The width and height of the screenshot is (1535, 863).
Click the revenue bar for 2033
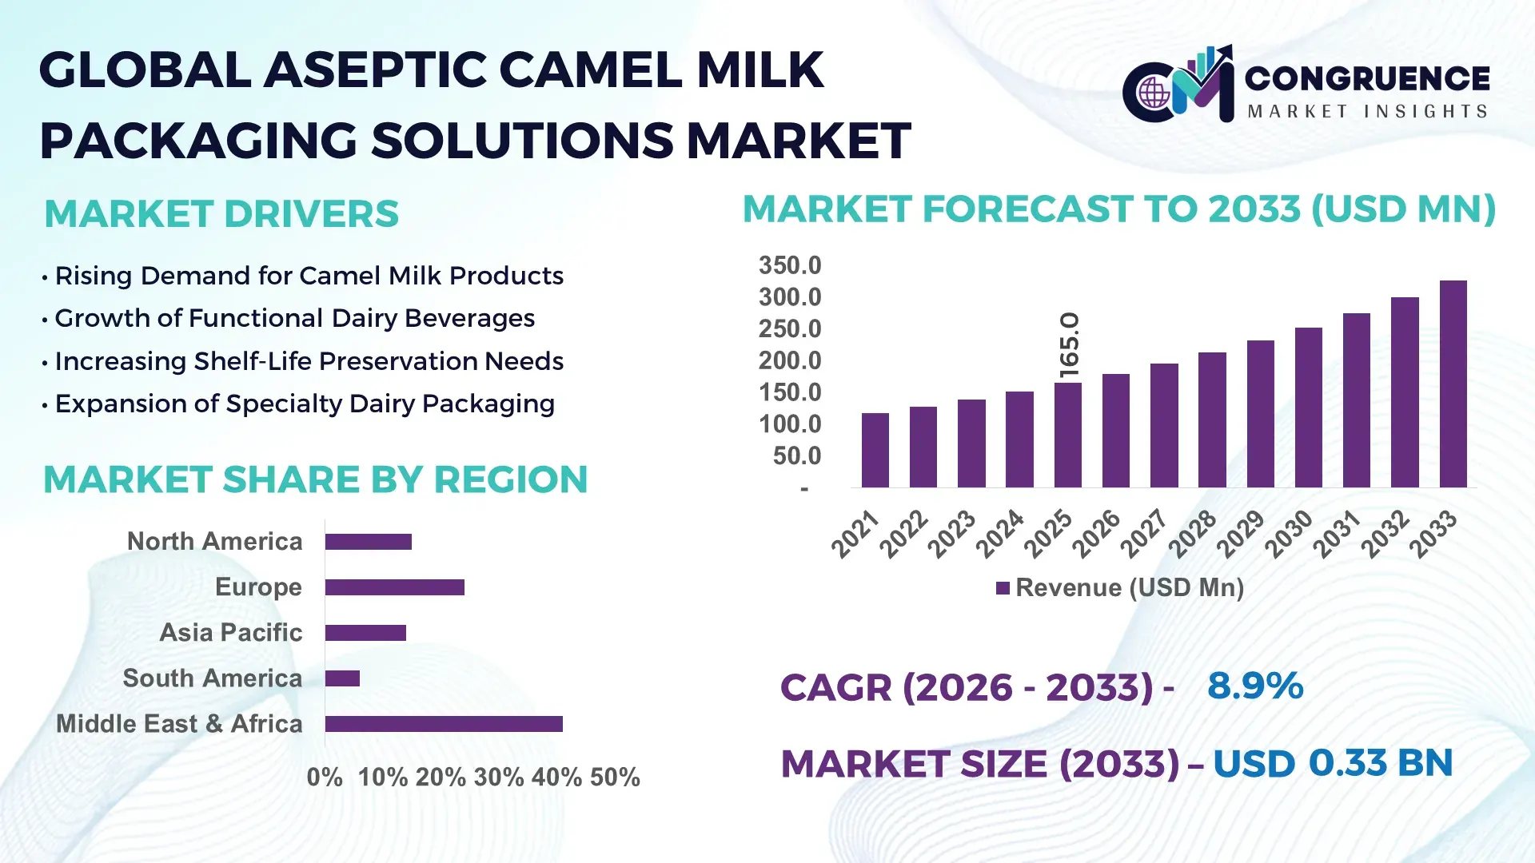[x=1453, y=384]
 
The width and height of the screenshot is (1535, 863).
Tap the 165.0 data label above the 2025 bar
[x=1070, y=344]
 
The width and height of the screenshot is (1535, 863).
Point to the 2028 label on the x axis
[x=1193, y=533]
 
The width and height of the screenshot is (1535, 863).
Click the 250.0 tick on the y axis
[x=790, y=328]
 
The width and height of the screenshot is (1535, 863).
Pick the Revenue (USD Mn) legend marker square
[x=1003, y=588]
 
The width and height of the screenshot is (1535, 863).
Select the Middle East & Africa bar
[x=444, y=724]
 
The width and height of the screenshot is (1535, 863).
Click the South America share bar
[x=342, y=678]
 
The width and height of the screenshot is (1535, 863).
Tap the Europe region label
[x=258, y=587]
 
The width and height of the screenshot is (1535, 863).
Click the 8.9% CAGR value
[x=1255, y=686]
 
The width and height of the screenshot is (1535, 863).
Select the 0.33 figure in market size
[x=1348, y=763]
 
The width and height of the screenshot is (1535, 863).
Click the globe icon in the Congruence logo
[x=1154, y=93]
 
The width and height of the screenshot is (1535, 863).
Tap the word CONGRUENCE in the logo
[x=1367, y=78]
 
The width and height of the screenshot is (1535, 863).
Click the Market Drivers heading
[x=221, y=214]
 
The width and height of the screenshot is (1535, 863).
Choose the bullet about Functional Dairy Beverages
[x=294, y=319]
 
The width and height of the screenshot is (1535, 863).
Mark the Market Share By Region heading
[x=315, y=480]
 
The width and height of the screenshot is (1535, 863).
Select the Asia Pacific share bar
[x=365, y=633]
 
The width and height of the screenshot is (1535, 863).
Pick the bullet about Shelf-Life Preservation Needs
[x=309, y=361]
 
